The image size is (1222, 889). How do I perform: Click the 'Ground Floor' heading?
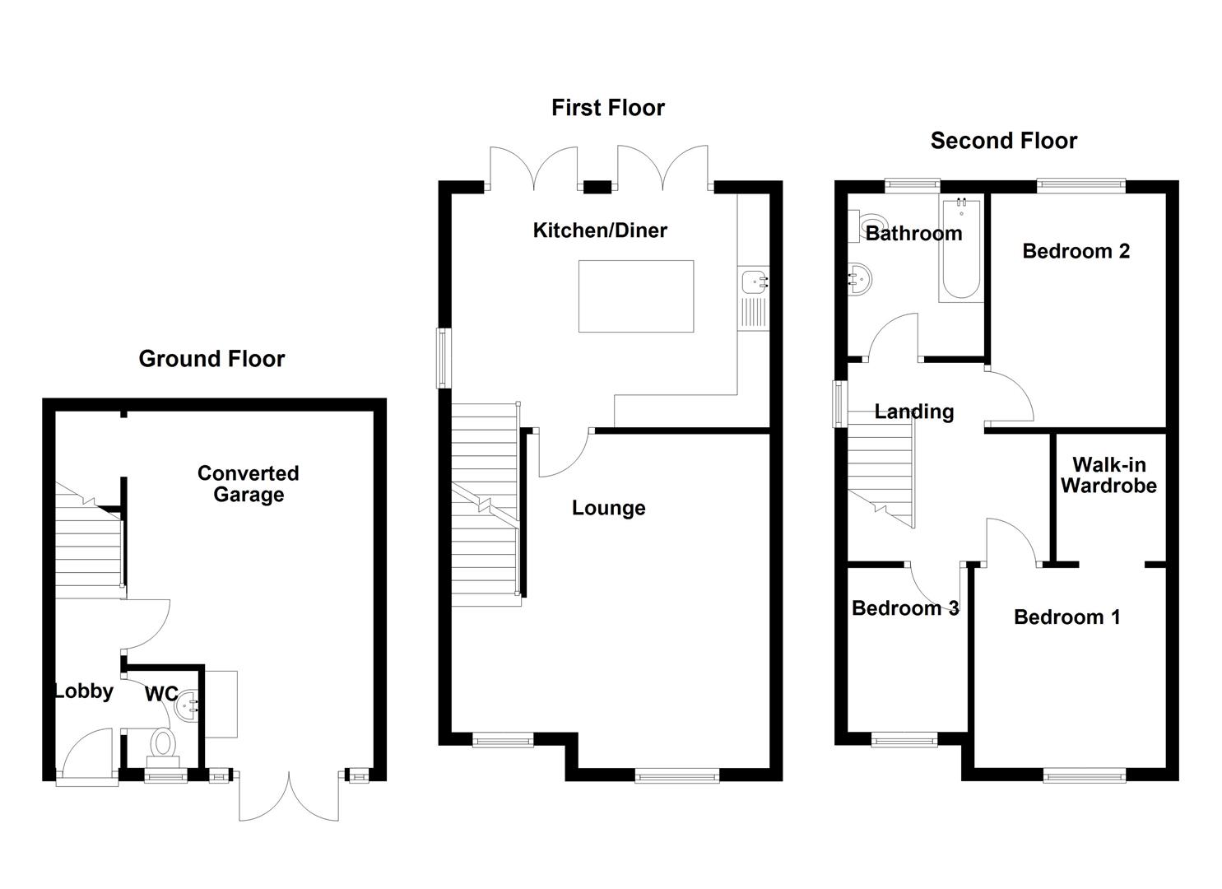click(x=211, y=359)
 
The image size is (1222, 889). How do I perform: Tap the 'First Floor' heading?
click(x=607, y=108)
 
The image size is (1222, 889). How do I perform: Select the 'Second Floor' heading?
click(x=1003, y=141)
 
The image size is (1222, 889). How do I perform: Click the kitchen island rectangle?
click(x=635, y=296)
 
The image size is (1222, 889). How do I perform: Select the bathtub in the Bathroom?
click(x=960, y=249)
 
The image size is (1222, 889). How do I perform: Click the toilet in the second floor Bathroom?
click(x=870, y=225)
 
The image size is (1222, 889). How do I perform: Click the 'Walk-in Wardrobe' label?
click(x=1108, y=476)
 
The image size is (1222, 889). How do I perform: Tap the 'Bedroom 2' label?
click(x=1076, y=251)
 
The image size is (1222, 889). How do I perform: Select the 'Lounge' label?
click(x=608, y=508)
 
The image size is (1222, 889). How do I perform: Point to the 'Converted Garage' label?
click(x=248, y=484)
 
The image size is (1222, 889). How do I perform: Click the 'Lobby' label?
click(x=84, y=691)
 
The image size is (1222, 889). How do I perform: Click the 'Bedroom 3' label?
click(x=904, y=608)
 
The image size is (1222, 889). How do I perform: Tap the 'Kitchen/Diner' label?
click(x=600, y=230)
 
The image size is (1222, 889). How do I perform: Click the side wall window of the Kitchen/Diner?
click(x=444, y=358)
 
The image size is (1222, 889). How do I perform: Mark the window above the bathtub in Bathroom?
click(x=912, y=185)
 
